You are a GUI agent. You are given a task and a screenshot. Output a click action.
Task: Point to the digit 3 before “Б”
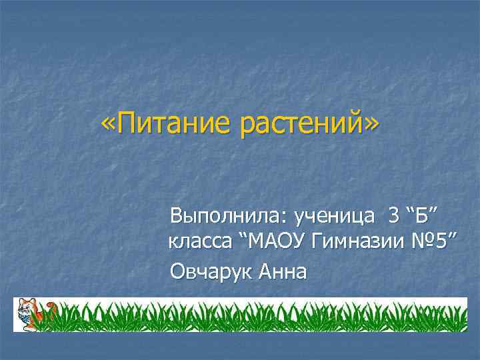pyautogui.click(x=394, y=216)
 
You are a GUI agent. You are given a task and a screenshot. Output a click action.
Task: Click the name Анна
pyautogui.click(x=283, y=272)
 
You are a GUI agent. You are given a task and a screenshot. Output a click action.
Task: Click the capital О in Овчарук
pyautogui.click(x=179, y=272)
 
